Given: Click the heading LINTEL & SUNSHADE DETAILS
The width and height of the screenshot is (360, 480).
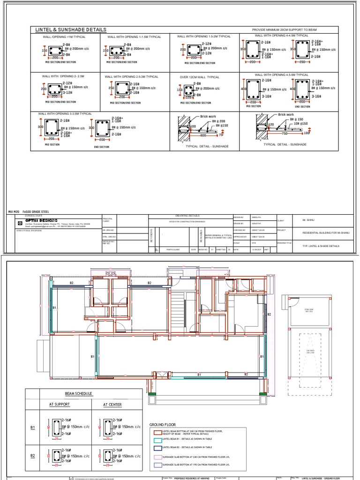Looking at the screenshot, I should [x=71, y=30].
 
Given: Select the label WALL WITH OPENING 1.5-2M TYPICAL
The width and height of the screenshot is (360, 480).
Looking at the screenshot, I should [x=203, y=37].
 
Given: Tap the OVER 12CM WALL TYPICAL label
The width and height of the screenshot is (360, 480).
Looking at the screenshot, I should [x=199, y=77].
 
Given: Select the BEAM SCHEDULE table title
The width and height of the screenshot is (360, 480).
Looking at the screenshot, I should [x=75, y=394].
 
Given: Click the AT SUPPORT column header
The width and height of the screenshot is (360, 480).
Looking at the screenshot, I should [x=59, y=404].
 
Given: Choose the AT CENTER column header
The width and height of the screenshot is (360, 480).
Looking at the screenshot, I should [x=112, y=404].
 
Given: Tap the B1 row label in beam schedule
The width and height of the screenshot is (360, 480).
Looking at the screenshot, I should [x=33, y=427].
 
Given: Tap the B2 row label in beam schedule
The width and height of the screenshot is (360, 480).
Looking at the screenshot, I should [x=33, y=455].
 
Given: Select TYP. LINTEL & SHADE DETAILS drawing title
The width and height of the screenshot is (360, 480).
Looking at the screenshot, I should [x=321, y=246].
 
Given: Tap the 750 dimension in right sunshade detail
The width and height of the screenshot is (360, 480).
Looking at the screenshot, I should [x=285, y=133].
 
